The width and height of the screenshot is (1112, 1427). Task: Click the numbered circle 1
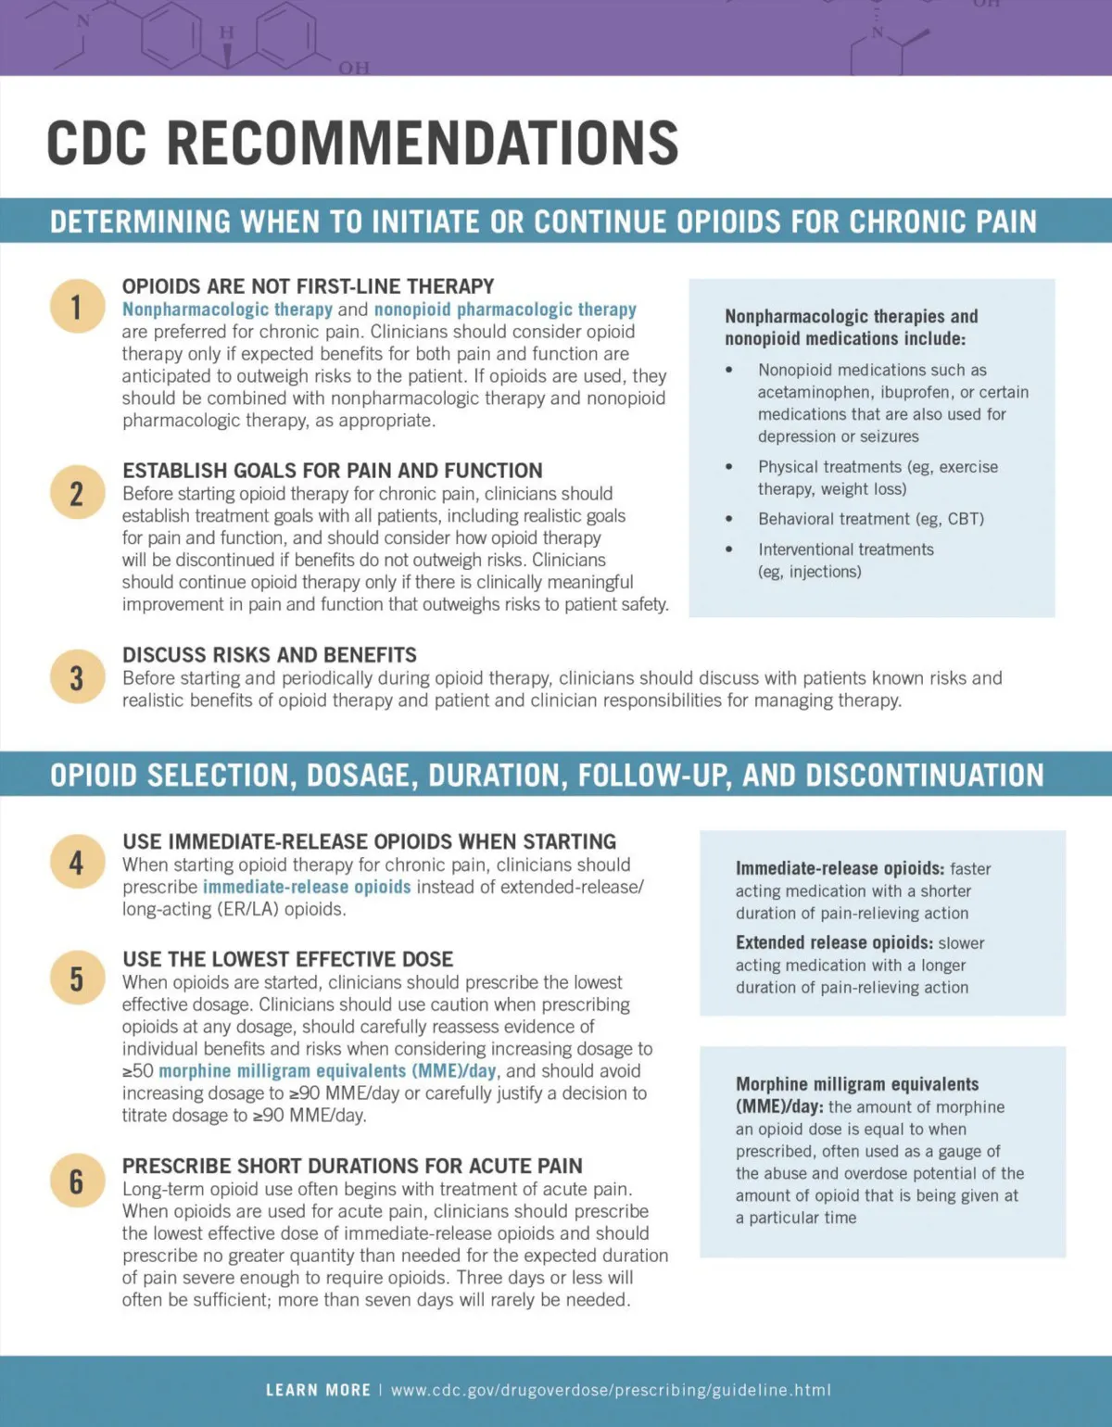click(x=77, y=307)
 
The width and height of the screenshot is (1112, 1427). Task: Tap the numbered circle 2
click(x=77, y=493)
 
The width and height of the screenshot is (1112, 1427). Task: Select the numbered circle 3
click(x=77, y=677)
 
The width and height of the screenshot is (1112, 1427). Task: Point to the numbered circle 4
click(x=77, y=862)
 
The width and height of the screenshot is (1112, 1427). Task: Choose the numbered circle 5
click(x=77, y=979)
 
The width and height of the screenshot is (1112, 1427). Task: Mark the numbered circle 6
click(x=77, y=1181)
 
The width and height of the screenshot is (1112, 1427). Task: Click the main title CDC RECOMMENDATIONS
click(x=362, y=144)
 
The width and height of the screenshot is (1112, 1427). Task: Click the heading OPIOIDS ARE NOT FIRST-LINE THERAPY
click(x=308, y=286)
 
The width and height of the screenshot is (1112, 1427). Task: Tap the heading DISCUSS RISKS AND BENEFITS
click(x=270, y=655)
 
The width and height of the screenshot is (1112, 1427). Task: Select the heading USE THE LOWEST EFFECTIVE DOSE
click(x=287, y=959)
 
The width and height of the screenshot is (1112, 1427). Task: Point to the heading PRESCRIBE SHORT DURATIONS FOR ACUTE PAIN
click(x=352, y=1166)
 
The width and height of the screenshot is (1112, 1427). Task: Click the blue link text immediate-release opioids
click(x=307, y=887)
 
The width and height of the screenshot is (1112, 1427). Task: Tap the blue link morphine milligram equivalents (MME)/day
click(x=328, y=1071)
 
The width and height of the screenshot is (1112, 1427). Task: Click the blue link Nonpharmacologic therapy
click(x=227, y=309)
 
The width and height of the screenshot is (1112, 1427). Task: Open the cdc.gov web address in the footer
click(x=611, y=1390)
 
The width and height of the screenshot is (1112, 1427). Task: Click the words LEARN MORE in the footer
click(x=318, y=1390)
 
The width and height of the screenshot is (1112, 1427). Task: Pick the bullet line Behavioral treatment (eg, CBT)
click(x=871, y=519)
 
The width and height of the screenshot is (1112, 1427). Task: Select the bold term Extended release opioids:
click(x=834, y=942)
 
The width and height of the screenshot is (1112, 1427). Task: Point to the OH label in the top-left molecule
click(x=353, y=68)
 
